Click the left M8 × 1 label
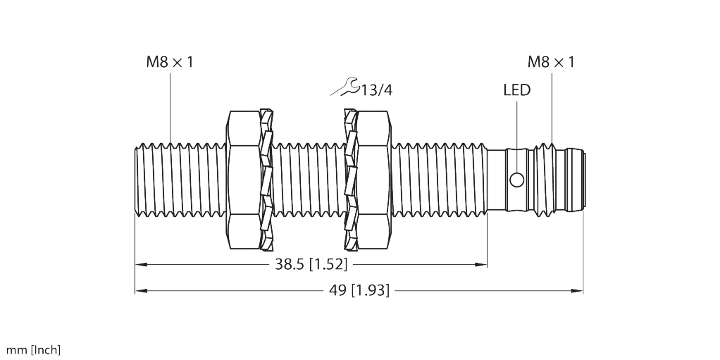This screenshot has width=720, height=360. tap(169, 62)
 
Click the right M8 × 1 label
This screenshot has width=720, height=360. tap(551, 62)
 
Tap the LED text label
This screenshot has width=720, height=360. tap(516, 89)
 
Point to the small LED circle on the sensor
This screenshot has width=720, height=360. tap(516, 180)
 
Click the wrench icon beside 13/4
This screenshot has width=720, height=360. tap(345, 87)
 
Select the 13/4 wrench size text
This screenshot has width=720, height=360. tap(376, 89)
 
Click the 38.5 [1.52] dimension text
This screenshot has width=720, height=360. tap(311, 265)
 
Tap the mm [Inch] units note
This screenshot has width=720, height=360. tap(33, 350)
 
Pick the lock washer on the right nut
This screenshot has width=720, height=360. tap(349, 180)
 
